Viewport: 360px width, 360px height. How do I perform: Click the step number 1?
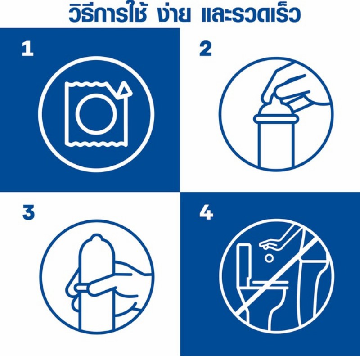click(x=28, y=49)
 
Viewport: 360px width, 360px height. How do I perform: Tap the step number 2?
click(x=206, y=49)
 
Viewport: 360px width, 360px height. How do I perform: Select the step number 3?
click(x=28, y=213)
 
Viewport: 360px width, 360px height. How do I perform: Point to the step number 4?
click(x=206, y=213)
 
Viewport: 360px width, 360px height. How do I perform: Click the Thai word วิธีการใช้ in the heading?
click(x=108, y=14)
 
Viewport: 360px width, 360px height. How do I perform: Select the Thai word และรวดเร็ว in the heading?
click(x=251, y=14)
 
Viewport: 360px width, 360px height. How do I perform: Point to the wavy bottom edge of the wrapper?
click(x=96, y=144)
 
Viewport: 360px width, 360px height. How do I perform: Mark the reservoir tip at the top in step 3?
click(x=96, y=238)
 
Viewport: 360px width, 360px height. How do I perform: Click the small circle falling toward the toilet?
click(x=269, y=258)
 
